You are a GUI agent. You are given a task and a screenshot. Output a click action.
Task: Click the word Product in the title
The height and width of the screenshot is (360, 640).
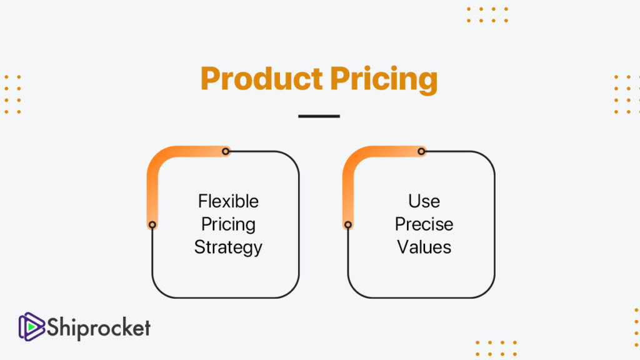pos(262,78)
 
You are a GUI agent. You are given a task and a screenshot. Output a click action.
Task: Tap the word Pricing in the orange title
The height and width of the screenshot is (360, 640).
pos(384,80)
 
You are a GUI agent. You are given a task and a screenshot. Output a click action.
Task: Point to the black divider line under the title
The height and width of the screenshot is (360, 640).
pos(319,116)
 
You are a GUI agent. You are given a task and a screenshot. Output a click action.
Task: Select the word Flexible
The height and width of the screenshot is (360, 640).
pos(228,201)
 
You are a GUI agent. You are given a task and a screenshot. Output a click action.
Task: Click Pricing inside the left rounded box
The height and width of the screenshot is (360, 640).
pos(228,225)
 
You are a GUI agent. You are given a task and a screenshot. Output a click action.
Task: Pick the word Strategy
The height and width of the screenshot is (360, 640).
pos(228,247)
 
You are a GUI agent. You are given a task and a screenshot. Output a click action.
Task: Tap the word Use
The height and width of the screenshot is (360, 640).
pos(424,201)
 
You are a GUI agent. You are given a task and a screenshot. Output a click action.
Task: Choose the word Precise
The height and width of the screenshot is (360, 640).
pos(424,224)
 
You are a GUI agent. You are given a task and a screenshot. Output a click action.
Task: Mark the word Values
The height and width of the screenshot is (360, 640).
pos(424,247)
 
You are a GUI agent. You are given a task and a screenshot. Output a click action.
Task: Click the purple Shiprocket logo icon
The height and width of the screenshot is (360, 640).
pos(31,326)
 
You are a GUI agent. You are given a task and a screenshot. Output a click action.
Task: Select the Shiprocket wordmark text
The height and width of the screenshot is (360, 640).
pos(99,327)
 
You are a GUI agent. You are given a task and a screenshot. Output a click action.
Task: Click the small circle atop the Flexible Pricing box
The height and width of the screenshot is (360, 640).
pos(226,151)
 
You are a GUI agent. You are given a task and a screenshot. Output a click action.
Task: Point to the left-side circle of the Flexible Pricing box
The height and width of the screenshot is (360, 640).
pos(152,225)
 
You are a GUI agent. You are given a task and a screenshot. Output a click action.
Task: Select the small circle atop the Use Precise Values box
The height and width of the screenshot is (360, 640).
pos(422,151)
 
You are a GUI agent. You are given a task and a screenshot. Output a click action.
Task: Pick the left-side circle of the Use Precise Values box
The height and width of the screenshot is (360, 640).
pos(348,225)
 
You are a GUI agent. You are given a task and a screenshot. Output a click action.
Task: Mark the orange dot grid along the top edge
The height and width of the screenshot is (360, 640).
pos(487,15)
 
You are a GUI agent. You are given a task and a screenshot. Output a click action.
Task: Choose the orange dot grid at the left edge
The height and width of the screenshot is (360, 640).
pos(12,94)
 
